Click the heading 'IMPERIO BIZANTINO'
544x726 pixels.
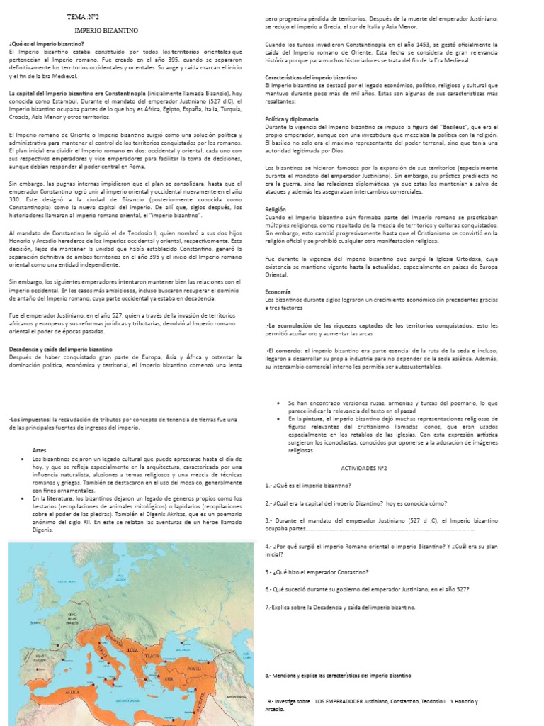106,30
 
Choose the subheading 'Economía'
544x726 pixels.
278,291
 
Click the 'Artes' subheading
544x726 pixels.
41,450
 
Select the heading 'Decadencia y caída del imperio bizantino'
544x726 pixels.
60,350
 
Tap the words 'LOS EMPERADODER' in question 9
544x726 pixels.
345,701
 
